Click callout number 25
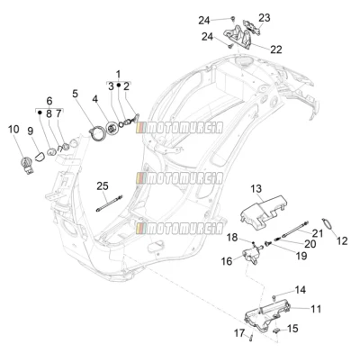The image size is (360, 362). [x=103, y=186]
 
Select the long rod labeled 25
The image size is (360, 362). [x=110, y=204]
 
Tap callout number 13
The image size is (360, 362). [x=256, y=189]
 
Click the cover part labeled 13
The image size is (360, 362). [x=263, y=212]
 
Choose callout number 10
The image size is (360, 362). [x=13, y=130]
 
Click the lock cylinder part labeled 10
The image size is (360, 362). [x=26, y=166]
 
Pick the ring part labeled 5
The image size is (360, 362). [x=97, y=133]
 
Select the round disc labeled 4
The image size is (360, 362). [x=112, y=129]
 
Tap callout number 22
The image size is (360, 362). [x=276, y=50]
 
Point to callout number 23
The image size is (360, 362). [x=265, y=18]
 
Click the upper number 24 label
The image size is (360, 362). [x=204, y=21]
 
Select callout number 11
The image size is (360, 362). [x=316, y=309]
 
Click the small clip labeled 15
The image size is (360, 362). [x=275, y=330]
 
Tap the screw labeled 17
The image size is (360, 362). [x=251, y=338]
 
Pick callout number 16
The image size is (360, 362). [x=227, y=261]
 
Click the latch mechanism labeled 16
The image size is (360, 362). [x=251, y=254]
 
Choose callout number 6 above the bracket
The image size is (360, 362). [x=49, y=101]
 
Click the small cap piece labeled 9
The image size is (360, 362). [x=40, y=157]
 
